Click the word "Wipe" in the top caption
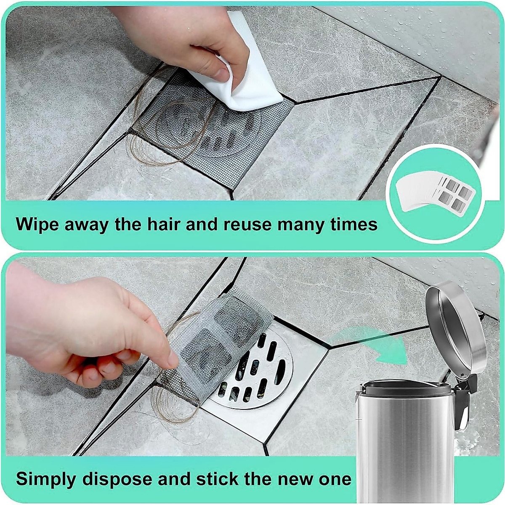coord(37,224)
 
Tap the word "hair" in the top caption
coord(159,224)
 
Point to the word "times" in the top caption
coord(354,224)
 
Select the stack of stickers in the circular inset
coord(433,191)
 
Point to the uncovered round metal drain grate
coord(252,370)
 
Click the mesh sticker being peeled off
coord(219,337)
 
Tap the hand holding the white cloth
coord(185,38)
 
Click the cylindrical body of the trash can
coord(404,442)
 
